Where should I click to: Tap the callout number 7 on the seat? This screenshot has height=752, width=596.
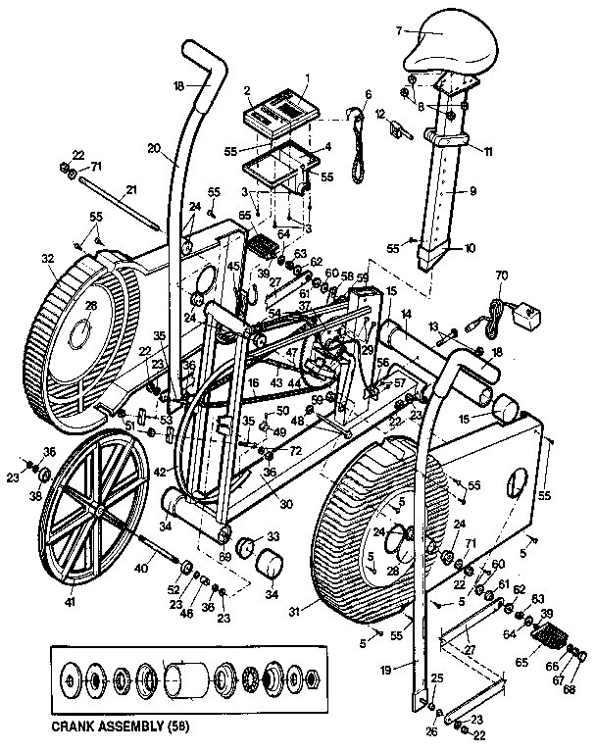(399, 30)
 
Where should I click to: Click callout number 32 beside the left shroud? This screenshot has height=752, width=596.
(46, 260)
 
